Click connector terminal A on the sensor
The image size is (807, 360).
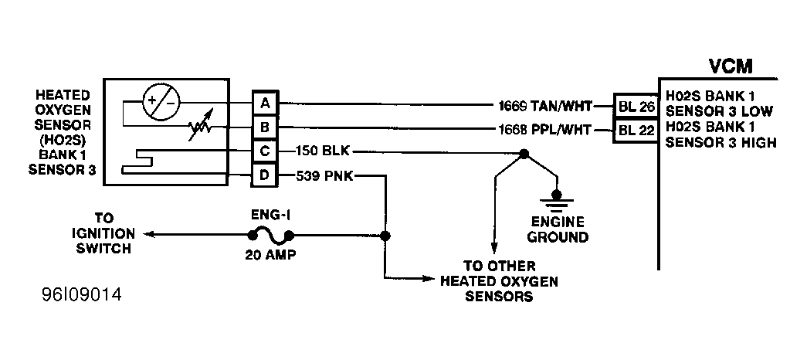(265, 103)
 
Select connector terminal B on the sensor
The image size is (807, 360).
(265, 127)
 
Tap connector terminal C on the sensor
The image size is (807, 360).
(265, 151)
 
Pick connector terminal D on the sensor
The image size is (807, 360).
(265, 175)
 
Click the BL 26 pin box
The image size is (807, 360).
(635, 107)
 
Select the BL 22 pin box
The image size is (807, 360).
(635, 131)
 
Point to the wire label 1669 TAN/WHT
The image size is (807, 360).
(545, 106)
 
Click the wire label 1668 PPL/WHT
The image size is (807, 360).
(545, 130)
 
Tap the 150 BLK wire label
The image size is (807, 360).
(323, 151)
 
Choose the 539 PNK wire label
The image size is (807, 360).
(324, 175)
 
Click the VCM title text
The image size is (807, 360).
(731, 66)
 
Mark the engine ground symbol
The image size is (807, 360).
(556, 202)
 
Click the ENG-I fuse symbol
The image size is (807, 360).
(271, 236)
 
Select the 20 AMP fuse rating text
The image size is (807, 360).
(270, 254)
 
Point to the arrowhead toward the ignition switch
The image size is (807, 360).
(149, 234)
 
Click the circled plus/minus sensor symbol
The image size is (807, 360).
(161, 102)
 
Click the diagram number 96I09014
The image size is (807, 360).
(82, 295)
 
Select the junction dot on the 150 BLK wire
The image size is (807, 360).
(524, 154)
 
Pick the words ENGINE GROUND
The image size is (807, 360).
(558, 229)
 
